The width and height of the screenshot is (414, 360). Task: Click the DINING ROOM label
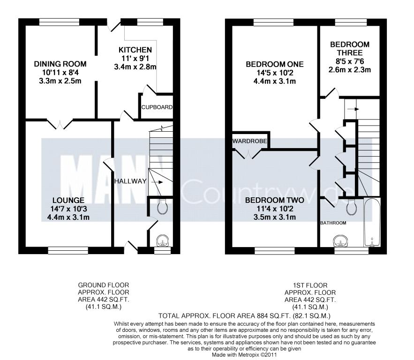[60, 64]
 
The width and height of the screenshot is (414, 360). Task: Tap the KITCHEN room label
[135, 50]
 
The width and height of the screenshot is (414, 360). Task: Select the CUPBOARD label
[157, 107]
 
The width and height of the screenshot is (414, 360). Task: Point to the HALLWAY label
[130, 181]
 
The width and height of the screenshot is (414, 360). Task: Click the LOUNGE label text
[68, 200]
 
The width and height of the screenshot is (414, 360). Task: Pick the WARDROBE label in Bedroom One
[249, 141]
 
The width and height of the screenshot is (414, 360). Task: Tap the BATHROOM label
[333, 223]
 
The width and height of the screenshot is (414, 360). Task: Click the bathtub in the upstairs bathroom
[372, 222]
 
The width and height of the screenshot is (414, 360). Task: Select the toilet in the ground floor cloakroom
[162, 206]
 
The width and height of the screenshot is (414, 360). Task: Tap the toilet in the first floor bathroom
[352, 207]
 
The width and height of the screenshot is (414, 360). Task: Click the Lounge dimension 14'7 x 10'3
[68, 209]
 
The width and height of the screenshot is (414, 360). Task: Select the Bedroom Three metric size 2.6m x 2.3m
[350, 70]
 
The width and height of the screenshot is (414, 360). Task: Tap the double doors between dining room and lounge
[60, 124]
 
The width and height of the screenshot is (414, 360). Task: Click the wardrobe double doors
[248, 154]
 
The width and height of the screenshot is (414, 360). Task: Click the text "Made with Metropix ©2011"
[244, 355]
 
